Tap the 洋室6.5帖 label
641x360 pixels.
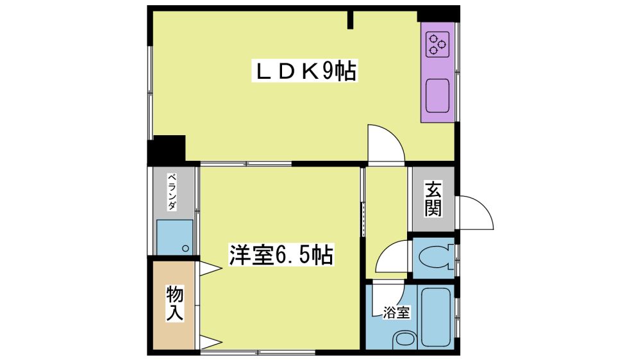pos(281,254)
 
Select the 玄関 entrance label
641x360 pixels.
pos(433,199)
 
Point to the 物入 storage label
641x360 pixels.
pos(174,303)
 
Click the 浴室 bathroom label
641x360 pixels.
pos(396,313)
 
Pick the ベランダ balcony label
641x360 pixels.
pos(172,192)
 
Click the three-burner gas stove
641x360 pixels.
pos(437,44)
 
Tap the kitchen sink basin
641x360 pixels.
pos(437,95)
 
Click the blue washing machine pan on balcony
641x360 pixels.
pos(174,238)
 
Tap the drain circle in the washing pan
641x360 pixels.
pos(186,249)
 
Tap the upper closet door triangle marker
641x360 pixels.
pos(210,268)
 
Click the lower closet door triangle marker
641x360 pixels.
pos(210,342)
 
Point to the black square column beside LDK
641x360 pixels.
pos(167,150)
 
